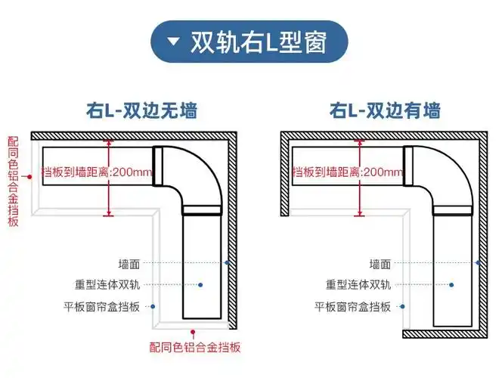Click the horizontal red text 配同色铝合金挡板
pyautogui.click(x=196, y=347)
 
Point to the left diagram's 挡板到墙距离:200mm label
pyautogui.click(x=97, y=172)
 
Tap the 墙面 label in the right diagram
pyautogui.click(x=380, y=264)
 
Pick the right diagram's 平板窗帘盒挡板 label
pyautogui.click(x=353, y=307)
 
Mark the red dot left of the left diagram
pyautogui.click(x=28, y=176)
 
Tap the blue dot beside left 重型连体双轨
pyautogui.click(x=201, y=285)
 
